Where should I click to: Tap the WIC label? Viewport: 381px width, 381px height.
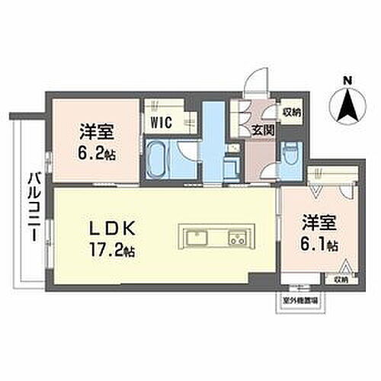coord(159,121)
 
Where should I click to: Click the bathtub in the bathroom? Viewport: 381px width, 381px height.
coord(158,158)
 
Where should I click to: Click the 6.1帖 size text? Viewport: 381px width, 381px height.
coord(319,246)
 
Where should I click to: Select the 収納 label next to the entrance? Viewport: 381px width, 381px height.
coord(290,110)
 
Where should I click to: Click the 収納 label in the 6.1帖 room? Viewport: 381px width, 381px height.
coord(341,280)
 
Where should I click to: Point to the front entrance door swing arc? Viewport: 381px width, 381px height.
coord(259,78)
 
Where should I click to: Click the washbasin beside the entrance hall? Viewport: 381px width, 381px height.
coord(231,164)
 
